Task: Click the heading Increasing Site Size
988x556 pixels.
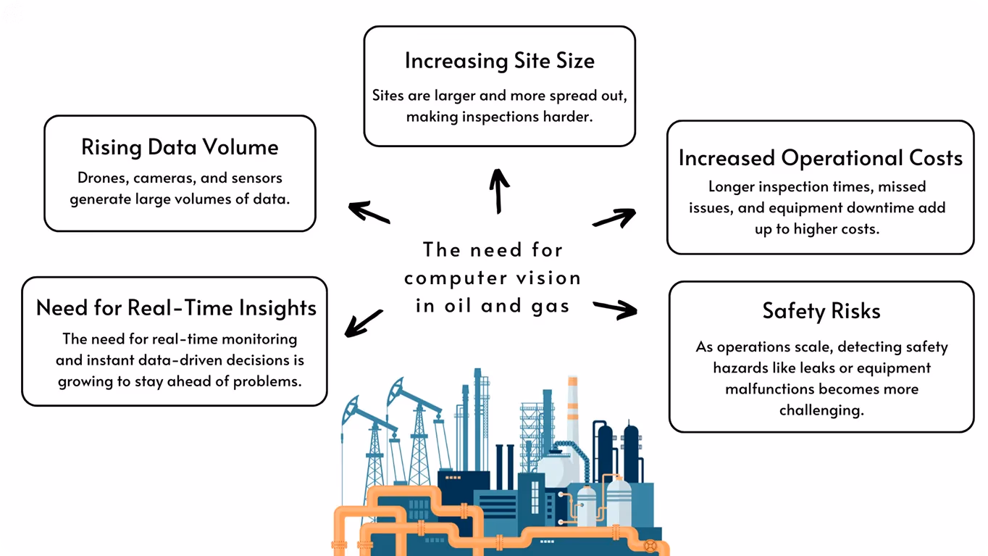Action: click(500, 62)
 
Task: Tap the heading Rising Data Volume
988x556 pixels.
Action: click(180, 148)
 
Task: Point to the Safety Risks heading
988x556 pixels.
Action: click(821, 311)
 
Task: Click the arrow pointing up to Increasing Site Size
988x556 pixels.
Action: click(499, 191)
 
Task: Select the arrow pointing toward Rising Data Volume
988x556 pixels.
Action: click(369, 212)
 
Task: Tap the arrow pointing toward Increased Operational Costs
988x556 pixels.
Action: click(614, 217)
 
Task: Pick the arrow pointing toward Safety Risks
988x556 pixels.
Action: click(615, 310)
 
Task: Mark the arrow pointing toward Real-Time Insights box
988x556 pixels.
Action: click(364, 323)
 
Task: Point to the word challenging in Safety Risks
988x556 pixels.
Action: click(821, 411)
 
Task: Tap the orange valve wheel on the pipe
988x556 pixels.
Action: click(650, 547)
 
